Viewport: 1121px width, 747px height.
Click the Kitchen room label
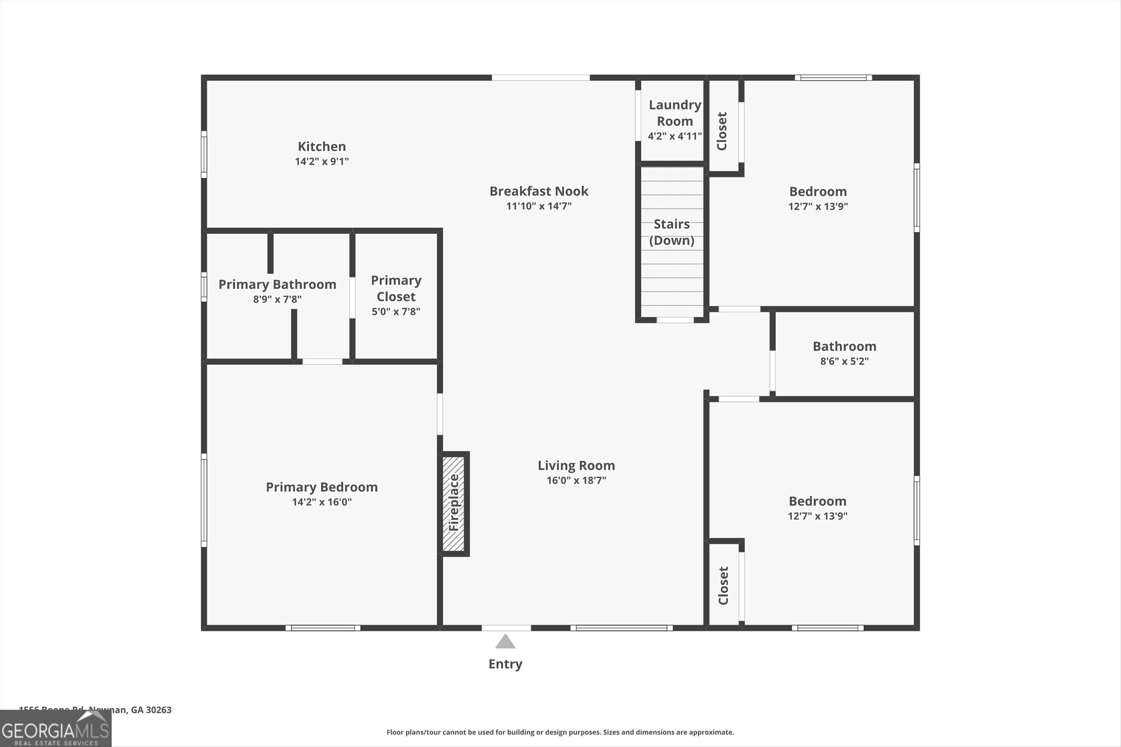pos(322,147)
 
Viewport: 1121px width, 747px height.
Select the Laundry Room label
pos(674,113)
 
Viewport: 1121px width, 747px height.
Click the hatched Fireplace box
pos(454,504)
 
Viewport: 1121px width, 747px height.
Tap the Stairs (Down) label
pos(671,232)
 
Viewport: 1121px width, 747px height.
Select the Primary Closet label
pos(396,288)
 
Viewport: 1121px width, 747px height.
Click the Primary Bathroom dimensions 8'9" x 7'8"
pos(277,299)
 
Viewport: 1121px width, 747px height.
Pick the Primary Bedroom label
pos(322,487)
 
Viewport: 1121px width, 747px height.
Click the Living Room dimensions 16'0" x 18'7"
pos(576,480)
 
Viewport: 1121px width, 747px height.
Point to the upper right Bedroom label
pos(818,191)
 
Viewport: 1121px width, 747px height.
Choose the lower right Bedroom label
pos(817,501)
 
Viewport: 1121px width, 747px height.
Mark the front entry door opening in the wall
pos(506,628)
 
